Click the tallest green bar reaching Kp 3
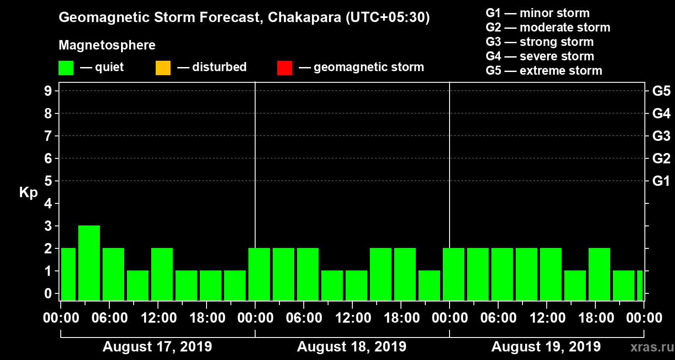pyautogui.click(x=89, y=263)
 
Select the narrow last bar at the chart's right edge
pyautogui.click(x=639, y=285)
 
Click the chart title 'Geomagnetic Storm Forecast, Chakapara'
pyautogui.click(x=244, y=18)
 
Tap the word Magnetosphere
pyautogui.click(x=107, y=45)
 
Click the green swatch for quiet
pyautogui.click(x=66, y=68)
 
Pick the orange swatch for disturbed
pyautogui.click(x=163, y=68)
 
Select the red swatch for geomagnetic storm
pyautogui.click(x=284, y=68)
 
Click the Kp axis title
pyautogui.click(x=28, y=193)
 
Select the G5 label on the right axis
pyautogui.click(x=661, y=91)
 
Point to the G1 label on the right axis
pyautogui.click(x=661, y=181)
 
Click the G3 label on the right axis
pyautogui.click(x=661, y=136)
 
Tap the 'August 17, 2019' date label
pyautogui.click(x=157, y=347)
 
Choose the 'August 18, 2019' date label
pyautogui.click(x=351, y=347)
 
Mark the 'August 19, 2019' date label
pyautogui.click(x=546, y=347)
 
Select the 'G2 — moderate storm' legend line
pyautogui.click(x=548, y=27)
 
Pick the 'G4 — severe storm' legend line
pyautogui.click(x=540, y=56)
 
